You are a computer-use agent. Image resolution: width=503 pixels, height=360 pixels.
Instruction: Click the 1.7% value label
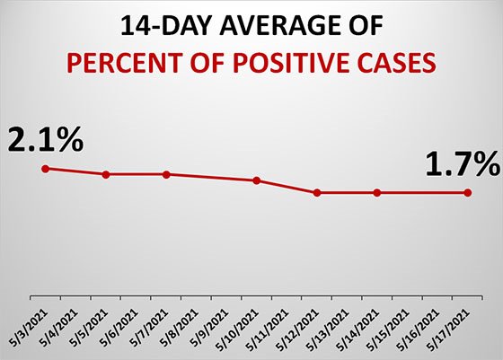coord(462,164)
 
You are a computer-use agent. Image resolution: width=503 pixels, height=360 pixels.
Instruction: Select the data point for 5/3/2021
coord(45,169)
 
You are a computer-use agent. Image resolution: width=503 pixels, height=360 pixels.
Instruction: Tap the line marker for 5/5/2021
coord(106,174)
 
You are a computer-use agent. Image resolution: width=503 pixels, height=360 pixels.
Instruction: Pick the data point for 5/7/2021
coord(166,174)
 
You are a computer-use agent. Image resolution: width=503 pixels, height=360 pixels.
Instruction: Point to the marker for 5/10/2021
coord(257,180)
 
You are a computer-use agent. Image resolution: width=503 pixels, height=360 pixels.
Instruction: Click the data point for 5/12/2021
coord(317,193)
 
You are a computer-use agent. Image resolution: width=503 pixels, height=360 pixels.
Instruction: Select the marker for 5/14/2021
coord(377,193)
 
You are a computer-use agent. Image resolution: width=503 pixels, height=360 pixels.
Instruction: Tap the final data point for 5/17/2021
coord(467,193)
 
